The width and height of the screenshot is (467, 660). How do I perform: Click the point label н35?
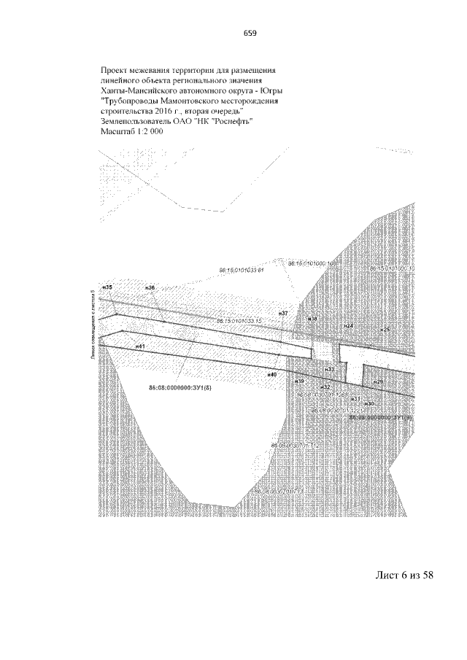click(107, 288)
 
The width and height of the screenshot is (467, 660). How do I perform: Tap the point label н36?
click(150, 288)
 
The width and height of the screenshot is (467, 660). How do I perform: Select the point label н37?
click(284, 313)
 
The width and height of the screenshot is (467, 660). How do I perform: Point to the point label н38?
click(312, 319)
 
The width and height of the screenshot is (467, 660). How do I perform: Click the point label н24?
click(349, 325)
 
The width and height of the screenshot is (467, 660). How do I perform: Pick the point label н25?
click(386, 330)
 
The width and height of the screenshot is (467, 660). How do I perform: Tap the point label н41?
click(140, 346)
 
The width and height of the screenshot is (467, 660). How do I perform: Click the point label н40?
click(271, 374)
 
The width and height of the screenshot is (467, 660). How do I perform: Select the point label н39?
click(298, 381)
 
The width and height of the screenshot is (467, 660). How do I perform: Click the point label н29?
click(377, 381)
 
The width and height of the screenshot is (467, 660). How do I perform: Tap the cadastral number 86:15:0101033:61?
click(240, 271)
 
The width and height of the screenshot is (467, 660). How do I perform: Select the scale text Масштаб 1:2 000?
click(131, 131)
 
